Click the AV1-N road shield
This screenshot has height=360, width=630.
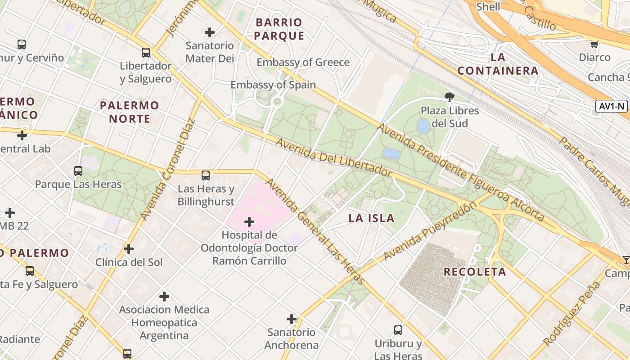coord(612,106)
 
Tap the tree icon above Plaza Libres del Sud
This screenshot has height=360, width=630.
coord(449,96)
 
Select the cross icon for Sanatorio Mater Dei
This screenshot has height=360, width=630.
coord(210,32)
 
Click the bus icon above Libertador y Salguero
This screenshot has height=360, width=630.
coord(146,53)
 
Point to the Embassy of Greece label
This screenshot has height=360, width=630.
coord(303,62)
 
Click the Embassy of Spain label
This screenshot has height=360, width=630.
coord(273,85)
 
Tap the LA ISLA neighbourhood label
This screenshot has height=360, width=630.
coord(372,219)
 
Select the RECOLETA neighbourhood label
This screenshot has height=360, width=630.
coord(475,272)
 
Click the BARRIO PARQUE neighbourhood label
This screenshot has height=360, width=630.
coord(279,29)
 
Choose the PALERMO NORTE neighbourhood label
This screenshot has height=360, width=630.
coord(130,112)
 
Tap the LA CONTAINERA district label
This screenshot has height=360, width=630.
coord(498,64)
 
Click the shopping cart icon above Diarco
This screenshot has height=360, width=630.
coord(594,44)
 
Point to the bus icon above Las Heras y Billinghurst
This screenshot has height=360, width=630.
coord(206,175)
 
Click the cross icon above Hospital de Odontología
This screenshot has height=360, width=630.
coord(249,222)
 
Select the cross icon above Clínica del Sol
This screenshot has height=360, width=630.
coord(129,249)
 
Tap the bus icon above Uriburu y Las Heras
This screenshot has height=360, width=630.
coord(398,330)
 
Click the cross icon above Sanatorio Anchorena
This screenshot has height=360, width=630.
coord(292,319)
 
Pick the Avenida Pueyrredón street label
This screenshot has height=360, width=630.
coord(430,231)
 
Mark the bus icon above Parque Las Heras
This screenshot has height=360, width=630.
coord(78,171)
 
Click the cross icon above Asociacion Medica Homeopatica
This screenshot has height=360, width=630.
coord(164,297)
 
